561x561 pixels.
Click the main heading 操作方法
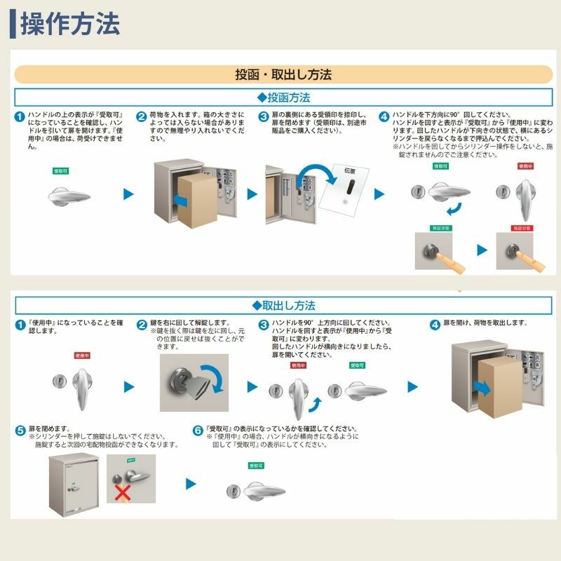tap(70, 24)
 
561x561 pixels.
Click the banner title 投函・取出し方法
tap(283, 74)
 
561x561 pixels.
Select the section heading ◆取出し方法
tap(283, 305)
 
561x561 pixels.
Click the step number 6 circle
tap(198, 428)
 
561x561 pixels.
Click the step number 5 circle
tap(21, 428)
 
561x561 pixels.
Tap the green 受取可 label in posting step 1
tap(62, 170)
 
